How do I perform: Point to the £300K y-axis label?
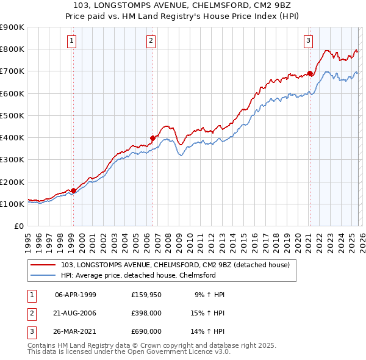click(x=12, y=160)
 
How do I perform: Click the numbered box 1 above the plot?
click(x=72, y=41)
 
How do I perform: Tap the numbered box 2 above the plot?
click(x=151, y=41)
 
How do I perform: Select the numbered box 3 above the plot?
click(x=309, y=41)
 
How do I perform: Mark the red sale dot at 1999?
click(x=73, y=190)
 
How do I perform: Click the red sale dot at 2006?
click(x=152, y=138)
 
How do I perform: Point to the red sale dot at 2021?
click(x=309, y=73)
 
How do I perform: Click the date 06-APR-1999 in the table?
click(x=76, y=295)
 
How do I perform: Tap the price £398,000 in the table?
click(x=146, y=313)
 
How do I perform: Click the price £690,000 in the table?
click(x=146, y=331)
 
